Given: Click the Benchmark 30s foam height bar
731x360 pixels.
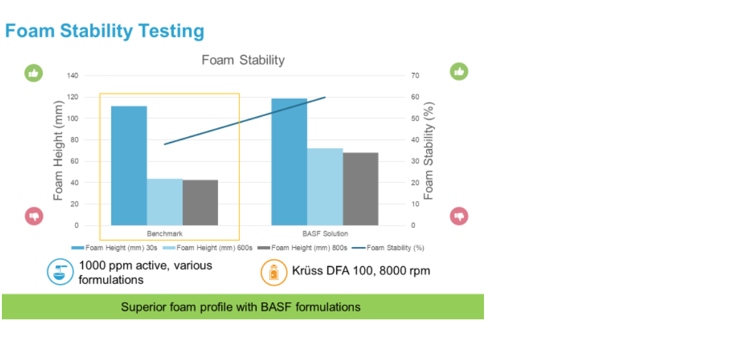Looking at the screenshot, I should click(129, 165).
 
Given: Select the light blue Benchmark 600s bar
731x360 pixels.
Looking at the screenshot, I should click(165, 202).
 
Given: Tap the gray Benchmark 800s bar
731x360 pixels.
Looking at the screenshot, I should click(200, 202).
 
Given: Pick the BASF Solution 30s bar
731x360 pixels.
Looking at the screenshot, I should click(289, 161).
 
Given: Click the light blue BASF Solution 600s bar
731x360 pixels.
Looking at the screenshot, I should click(325, 187).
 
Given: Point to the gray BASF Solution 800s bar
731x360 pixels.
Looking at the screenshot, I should click(360, 188).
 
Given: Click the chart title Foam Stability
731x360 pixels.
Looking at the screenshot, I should click(243, 60).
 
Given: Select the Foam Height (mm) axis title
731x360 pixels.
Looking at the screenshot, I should click(58, 150).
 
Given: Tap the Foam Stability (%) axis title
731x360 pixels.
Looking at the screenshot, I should click(429, 150).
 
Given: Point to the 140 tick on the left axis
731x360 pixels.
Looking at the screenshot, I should click(73, 75).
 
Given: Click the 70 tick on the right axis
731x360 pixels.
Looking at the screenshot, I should click(415, 75).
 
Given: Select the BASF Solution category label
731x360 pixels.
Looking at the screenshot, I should click(325, 234).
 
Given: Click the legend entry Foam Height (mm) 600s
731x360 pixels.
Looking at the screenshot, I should click(212, 248).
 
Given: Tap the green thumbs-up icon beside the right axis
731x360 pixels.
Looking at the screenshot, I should click(459, 72).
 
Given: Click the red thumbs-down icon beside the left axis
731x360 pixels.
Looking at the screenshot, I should click(33, 216).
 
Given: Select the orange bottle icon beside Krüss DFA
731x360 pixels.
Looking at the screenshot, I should click(274, 273).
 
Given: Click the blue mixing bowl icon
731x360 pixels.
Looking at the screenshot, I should click(60, 272).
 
